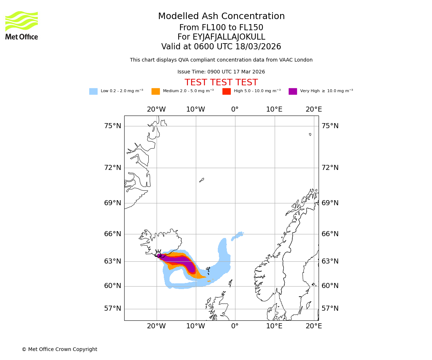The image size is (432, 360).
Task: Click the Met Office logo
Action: (x=22, y=25)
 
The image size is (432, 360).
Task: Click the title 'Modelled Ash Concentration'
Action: (x=221, y=17)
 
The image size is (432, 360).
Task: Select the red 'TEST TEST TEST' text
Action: (x=221, y=82)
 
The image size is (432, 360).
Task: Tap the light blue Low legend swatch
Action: (x=93, y=91)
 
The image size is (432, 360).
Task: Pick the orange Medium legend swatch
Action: (x=156, y=91)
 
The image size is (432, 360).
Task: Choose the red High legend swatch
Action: (x=226, y=91)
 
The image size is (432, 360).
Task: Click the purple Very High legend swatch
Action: (x=293, y=91)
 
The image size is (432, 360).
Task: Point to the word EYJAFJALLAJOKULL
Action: (x=229, y=37)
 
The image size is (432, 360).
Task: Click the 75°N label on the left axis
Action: (x=113, y=126)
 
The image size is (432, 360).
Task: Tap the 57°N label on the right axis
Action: (x=330, y=309)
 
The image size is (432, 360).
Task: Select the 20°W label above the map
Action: (x=156, y=109)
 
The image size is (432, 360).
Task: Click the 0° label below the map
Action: (x=235, y=326)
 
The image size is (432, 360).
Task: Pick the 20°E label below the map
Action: (x=314, y=326)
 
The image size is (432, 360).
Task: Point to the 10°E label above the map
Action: (x=274, y=109)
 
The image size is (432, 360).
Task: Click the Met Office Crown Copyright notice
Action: (x=59, y=350)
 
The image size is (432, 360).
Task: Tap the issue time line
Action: (x=221, y=72)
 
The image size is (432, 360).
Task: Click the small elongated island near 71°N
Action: (x=202, y=180)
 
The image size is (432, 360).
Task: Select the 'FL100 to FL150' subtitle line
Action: (x=221, y=28)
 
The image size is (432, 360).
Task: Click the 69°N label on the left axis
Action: (x=113, y=203)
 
